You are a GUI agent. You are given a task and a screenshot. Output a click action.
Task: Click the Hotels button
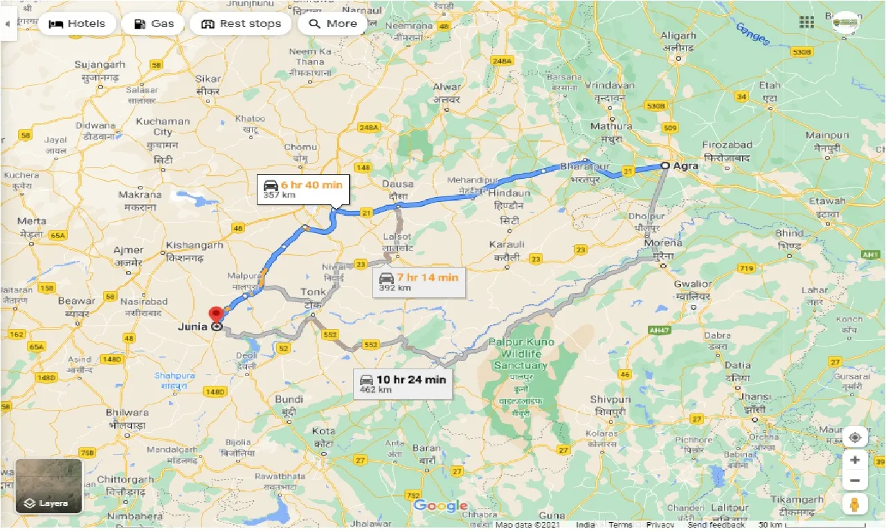77,24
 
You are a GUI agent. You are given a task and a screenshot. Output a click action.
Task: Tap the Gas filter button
153,24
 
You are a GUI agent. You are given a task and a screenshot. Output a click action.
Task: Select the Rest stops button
240,24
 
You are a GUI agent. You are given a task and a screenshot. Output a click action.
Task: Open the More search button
332,24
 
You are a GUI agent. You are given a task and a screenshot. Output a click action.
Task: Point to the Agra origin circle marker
665,165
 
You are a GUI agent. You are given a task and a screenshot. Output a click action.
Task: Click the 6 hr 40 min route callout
303,188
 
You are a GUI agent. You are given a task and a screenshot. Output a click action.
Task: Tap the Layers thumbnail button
48,486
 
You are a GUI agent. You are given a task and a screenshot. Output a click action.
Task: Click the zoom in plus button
855,459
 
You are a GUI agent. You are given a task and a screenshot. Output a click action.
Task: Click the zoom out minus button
855,481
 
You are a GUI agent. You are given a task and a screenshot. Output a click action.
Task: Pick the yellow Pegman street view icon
855,504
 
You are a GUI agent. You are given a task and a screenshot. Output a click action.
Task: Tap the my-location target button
855,437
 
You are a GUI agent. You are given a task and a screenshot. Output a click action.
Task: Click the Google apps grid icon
806,22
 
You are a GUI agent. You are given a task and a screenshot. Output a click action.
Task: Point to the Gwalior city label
693,284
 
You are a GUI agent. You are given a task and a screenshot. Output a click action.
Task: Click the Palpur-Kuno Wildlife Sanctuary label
521,353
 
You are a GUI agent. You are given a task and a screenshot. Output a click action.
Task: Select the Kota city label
323,431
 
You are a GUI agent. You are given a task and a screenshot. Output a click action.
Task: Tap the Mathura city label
611,127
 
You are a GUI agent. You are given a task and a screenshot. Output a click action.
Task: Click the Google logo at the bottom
441,506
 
